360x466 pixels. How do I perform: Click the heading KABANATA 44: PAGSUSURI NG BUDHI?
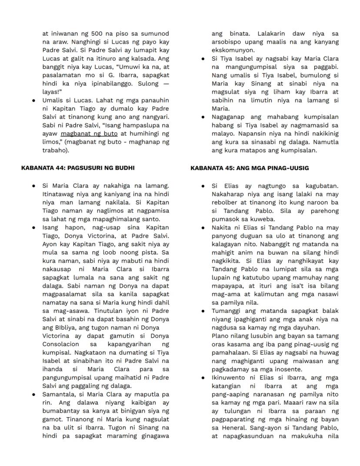click(x=78, y=168)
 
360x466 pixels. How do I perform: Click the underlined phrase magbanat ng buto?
click(x=89, y=134)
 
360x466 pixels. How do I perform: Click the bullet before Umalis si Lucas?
click(x=34, y=101)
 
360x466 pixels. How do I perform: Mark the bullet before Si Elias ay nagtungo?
click(x=203, y=186)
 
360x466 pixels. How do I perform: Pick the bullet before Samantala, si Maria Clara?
click(x=34, y=395)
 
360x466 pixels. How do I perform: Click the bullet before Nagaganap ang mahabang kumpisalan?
click(x=203, y=117)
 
